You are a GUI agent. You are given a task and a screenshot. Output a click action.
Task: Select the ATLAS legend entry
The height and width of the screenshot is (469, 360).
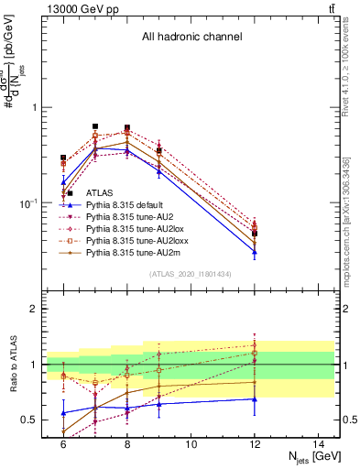click(101, 193)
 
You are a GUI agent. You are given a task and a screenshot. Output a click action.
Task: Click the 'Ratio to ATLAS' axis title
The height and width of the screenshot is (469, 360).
click(15, 364)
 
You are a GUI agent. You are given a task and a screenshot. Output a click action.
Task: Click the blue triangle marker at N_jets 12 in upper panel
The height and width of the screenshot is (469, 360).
click(255, 252)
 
